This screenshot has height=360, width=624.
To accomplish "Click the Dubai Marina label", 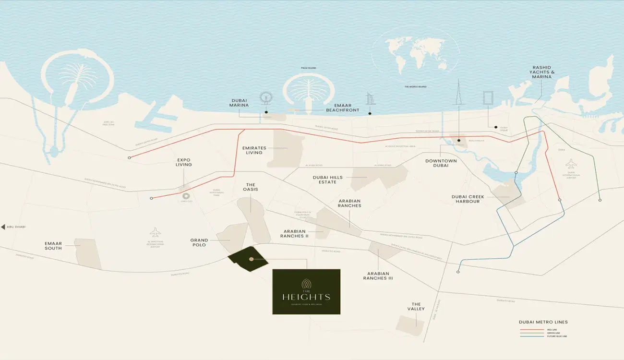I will pyautogui.click(x=238, y=103).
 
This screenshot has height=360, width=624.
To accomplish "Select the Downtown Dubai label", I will pyautogui.click(x=441, y=163).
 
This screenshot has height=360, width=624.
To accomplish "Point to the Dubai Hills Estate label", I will pyautogui.click(x=328, y=180).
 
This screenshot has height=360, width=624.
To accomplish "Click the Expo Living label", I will pyautogui.click(x=184, y=162).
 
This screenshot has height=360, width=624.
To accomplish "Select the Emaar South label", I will pyautogui.click(x=53, y=246).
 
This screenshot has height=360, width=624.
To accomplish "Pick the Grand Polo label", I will pyautogui.click(x=199, y=242).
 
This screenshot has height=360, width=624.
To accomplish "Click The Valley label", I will pyautogui.click(x=416, y=306).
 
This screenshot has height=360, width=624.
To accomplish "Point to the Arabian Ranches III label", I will pyautogui.click(x=378, y=276).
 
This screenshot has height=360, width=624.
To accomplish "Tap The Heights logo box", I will pyautogui.click(x=306, y=291).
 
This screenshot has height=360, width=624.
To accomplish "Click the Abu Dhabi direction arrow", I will pyautogui.click(x=3, y=227).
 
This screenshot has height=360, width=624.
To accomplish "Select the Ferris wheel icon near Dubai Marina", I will pyautogui.click(x=265, y=98).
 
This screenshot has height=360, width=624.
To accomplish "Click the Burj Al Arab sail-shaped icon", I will pyautogui.click(x=370, y=99).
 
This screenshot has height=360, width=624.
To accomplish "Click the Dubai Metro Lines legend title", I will pyautogui.click(x=543, y=322).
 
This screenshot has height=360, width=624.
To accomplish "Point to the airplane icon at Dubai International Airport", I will pyautogui.click(x=571, y=163).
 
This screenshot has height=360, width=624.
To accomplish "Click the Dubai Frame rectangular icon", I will pyautogui.click(x=488, y=97).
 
